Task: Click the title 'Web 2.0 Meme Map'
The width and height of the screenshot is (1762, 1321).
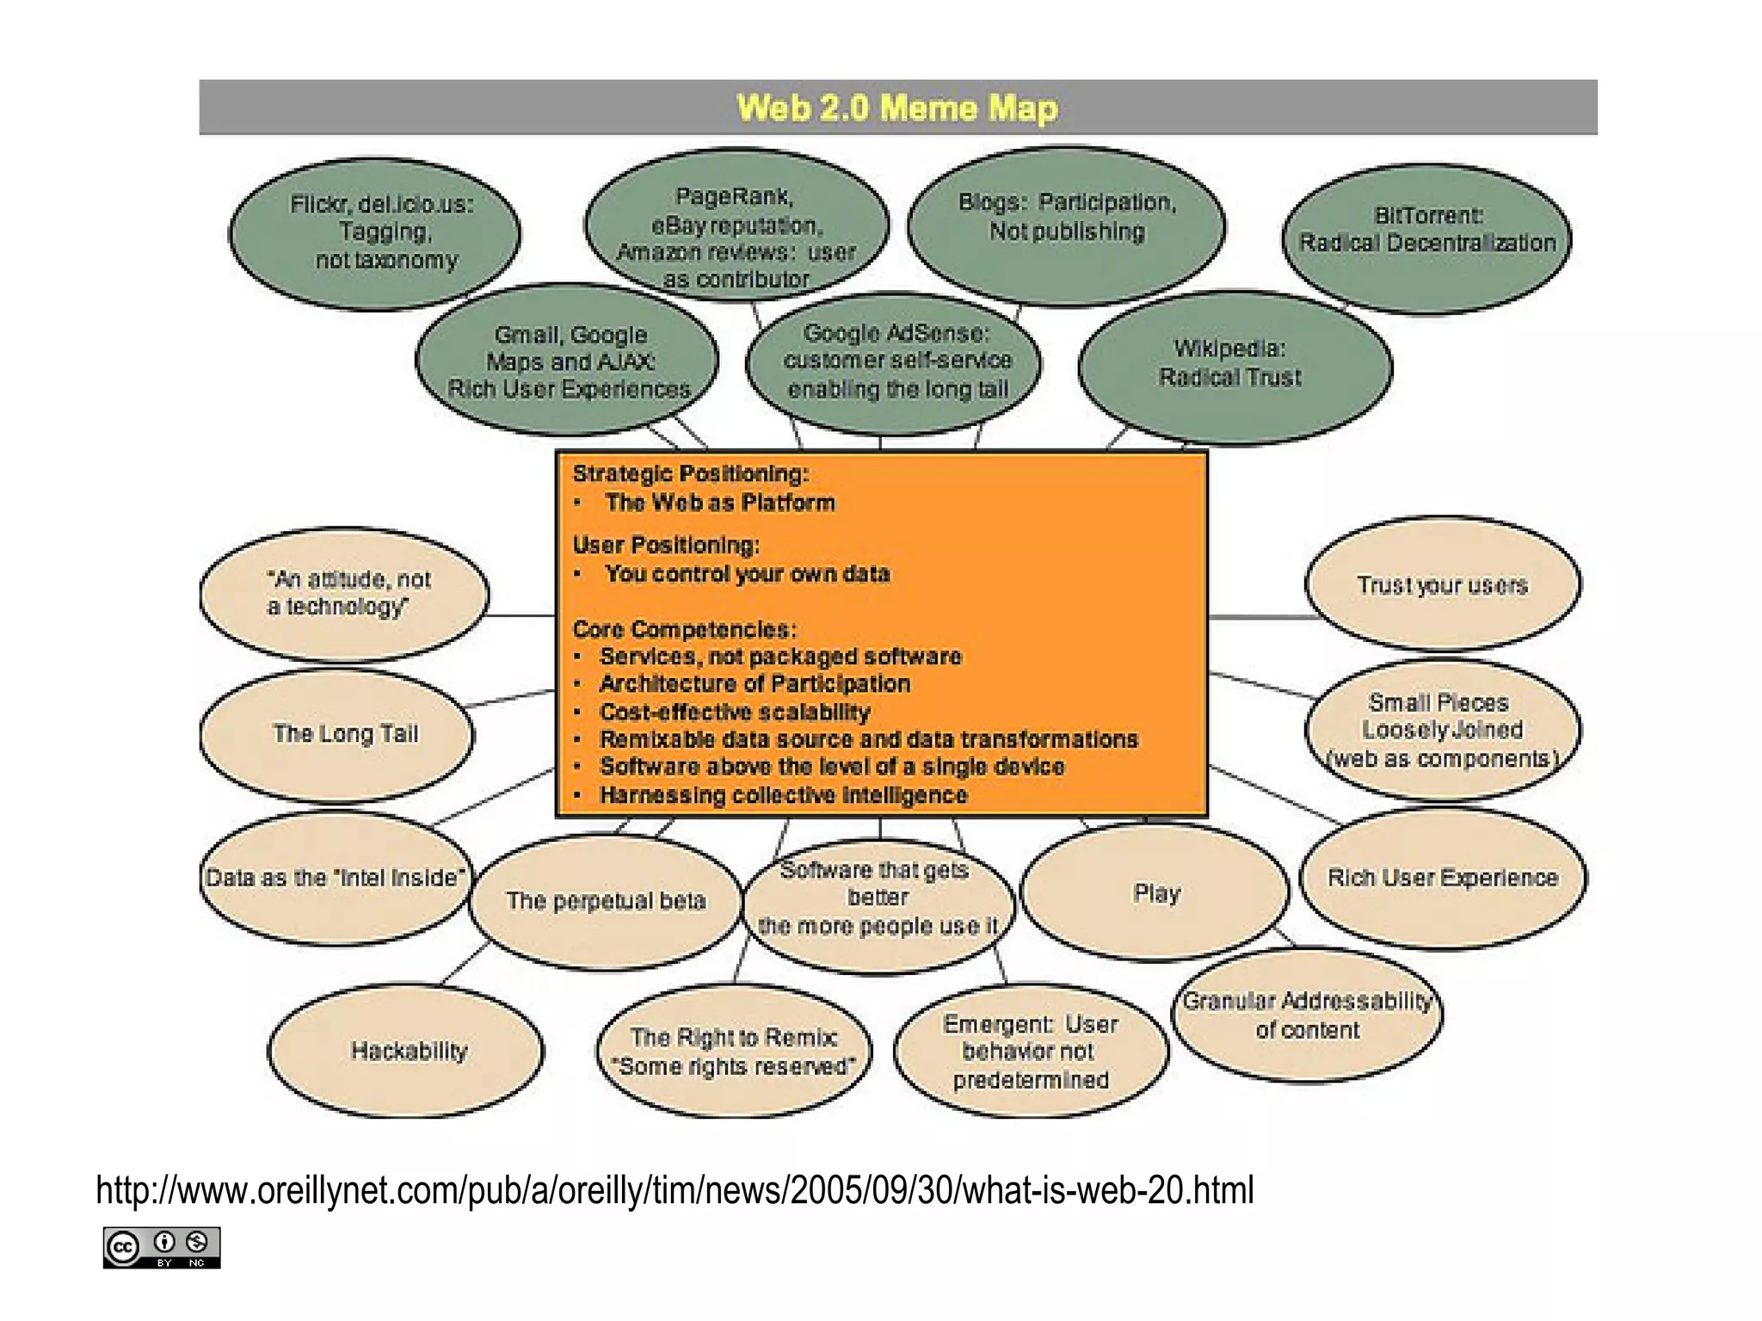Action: (896, 108)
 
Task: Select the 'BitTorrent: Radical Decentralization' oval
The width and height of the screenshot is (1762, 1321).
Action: (1426, 231)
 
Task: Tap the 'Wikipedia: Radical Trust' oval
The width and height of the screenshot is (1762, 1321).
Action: (1232, 363)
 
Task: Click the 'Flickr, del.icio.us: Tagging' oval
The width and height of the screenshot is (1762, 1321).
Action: (376, 232)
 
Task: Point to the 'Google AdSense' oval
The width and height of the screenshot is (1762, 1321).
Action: (895, 361)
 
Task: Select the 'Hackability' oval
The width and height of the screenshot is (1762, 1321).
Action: (408, 1051)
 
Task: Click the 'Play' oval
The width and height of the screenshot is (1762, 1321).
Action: (1155, 893)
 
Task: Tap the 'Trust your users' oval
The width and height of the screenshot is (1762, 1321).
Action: (1442, 585)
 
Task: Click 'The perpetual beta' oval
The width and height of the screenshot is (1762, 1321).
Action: (606, 901)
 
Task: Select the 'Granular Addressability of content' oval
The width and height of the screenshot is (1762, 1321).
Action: (1307, 1015)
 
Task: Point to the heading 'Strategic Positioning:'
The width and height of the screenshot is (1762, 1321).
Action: (691, 473)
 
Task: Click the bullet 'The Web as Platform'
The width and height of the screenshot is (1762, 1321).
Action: (719, 503)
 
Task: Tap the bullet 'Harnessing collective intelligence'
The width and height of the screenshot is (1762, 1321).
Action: (783, 795)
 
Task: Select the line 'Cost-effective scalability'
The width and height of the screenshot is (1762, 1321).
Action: (735, 712)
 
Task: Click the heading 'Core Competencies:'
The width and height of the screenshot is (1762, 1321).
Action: (685, 629)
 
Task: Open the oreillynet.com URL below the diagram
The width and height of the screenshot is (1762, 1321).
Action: (675, 1191)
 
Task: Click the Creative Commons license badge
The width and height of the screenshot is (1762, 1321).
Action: (162, 1247)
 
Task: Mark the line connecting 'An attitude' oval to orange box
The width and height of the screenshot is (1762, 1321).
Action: (521, 615)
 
